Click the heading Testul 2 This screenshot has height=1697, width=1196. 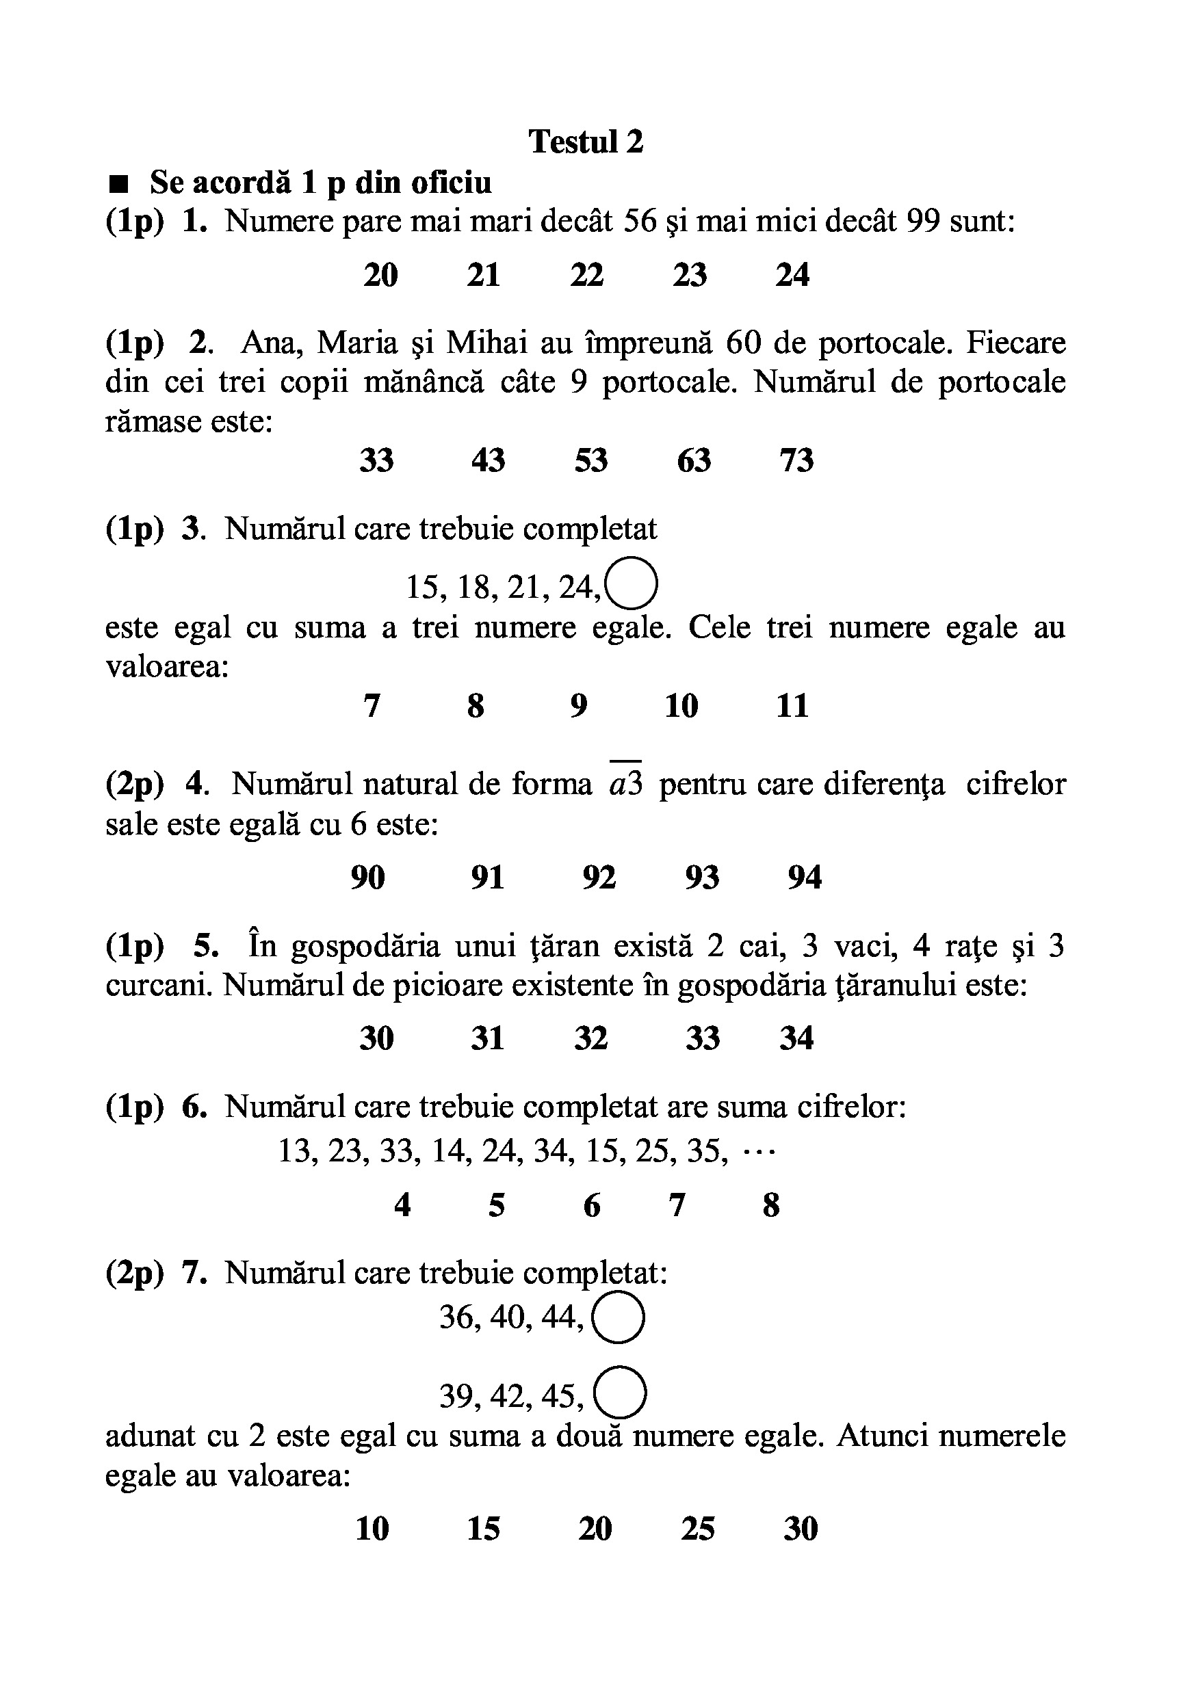coord(586,141)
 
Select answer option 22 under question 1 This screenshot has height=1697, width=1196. coord(587,275)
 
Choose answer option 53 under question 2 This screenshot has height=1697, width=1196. coord(590,460)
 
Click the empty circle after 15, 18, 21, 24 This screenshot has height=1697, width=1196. coord(632,581)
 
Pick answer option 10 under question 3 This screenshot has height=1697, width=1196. coord(681,706)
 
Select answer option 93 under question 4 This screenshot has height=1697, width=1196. coord(701,878)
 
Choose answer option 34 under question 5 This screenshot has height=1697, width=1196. coord(796,1038)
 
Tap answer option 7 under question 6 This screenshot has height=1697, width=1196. coord(677,1205)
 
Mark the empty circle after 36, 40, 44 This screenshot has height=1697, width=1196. coord(619,1317)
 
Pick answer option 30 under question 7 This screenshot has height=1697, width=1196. coord(801,1529)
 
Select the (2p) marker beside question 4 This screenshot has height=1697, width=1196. coord(134,784)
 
